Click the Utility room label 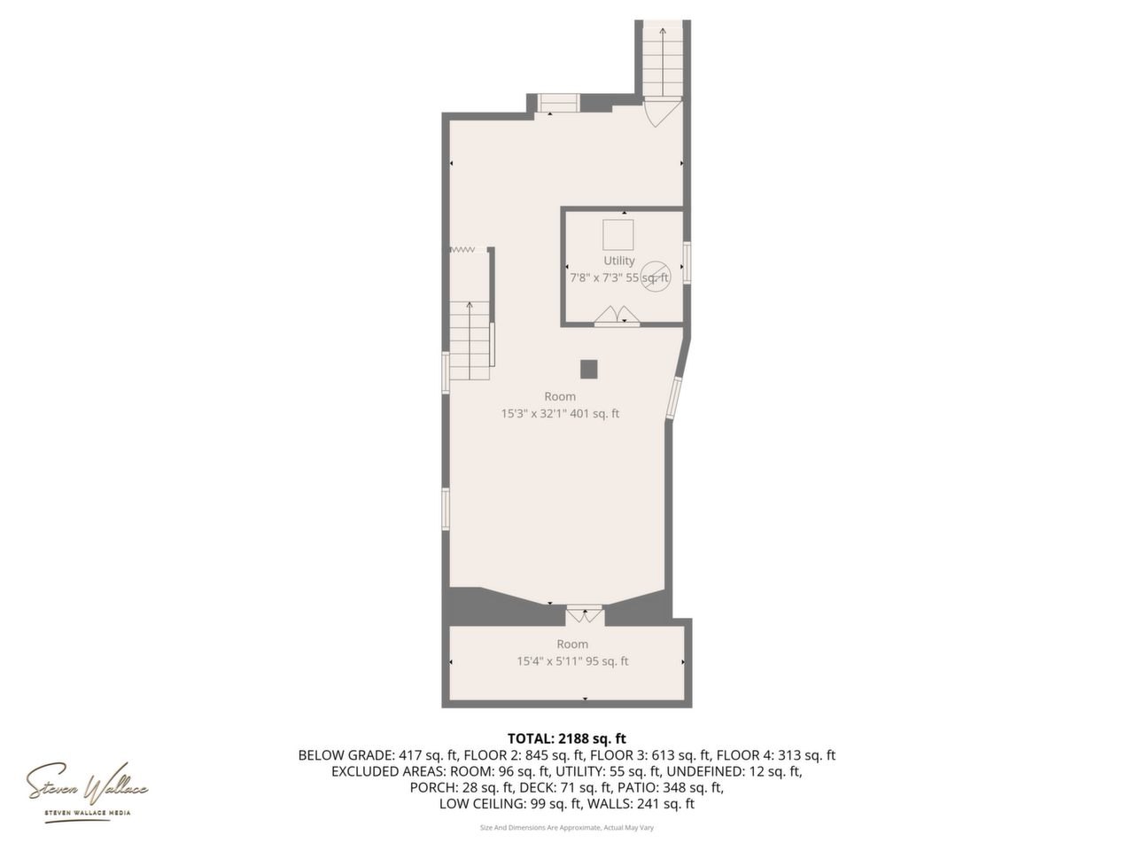click(619, 261)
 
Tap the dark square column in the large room click(589, 370)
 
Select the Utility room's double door click(617, 316)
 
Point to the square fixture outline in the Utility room click(618, 235)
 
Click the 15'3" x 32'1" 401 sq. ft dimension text click(560, 413)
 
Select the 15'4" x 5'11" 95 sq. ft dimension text click(572, 661)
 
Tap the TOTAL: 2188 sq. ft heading click(567, 738)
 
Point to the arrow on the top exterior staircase click(663, 61)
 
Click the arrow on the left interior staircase click(469, 341)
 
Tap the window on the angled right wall click(673, 397)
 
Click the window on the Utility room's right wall click(687, 263)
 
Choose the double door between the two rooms click(585, 613)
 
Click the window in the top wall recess click(557, 103)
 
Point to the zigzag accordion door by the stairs click(462, 250)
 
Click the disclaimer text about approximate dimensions click(567, 828)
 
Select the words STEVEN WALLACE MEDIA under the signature click(88, 813)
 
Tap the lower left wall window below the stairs click(446, 509)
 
